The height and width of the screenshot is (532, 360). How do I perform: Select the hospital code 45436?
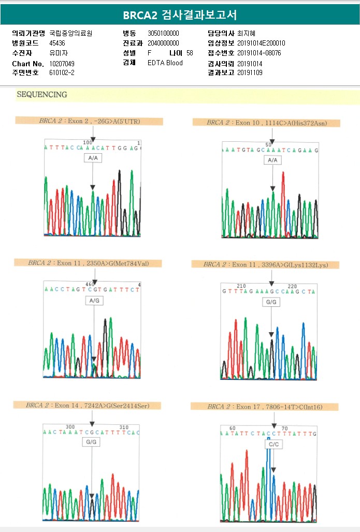click(x=57, y=43)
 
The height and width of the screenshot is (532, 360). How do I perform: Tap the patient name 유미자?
click(x=59, y=53)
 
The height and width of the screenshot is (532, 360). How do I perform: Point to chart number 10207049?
click(x=62, y=63)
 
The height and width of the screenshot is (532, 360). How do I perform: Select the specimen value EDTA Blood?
click(x=165, y=63)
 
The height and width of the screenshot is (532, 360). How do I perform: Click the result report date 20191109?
click(x=250, y=73)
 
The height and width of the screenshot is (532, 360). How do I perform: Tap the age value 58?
click(x=190, y=53)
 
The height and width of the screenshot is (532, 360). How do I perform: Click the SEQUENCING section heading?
click(x=42, y=95)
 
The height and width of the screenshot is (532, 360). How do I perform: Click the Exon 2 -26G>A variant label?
click(x=89, y=121)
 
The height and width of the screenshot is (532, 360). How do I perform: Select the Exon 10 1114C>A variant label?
click(x=266, y=123)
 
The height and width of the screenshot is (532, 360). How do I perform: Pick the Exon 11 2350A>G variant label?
click(x=89, y=263)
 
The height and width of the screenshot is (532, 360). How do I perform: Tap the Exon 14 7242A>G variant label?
click(x=88, y=406)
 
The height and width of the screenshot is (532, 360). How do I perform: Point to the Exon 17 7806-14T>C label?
click(x=265, y=407)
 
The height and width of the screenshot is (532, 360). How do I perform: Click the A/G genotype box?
click(x=94, y=301)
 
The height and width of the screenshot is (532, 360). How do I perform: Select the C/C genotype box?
click(x=273, y=444)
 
